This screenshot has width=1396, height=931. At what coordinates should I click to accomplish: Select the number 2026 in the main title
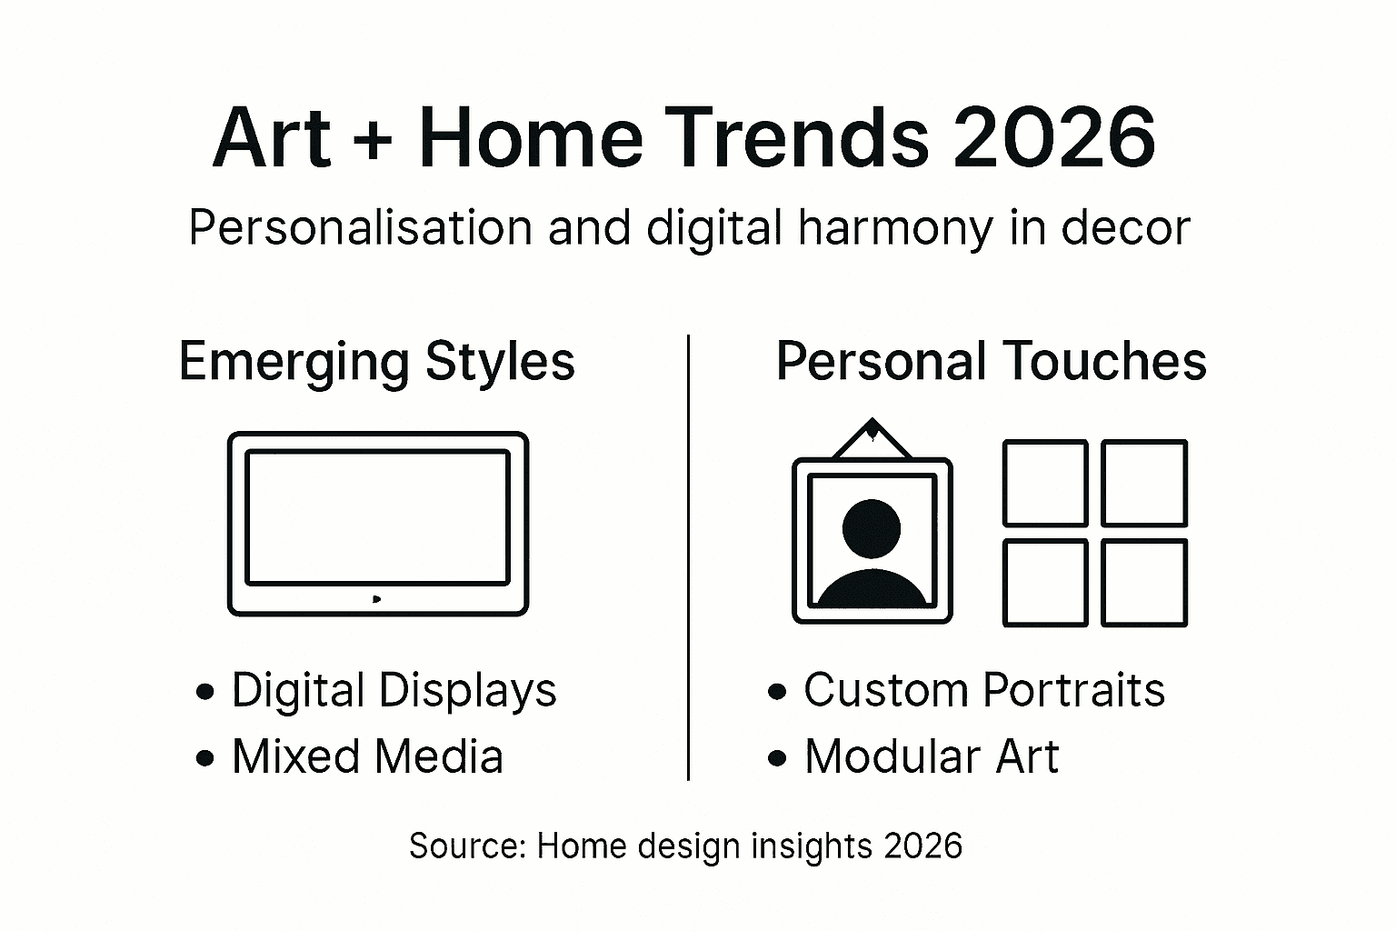(x=1054, y=138)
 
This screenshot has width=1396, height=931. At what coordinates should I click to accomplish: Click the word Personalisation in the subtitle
(x=360, y=227)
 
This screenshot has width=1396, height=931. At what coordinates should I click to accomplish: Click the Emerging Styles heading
(x=376, y=362)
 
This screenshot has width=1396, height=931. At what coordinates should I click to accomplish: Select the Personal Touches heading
(x=991, y=361)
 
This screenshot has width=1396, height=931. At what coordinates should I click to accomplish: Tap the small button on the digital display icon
(x=376, y=598)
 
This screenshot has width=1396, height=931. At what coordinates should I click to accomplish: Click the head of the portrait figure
(x=872, y=527)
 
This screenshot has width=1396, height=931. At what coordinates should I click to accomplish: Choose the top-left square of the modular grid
(x=1045, y=483)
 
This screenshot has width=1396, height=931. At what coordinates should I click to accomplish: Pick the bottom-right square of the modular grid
(x=1144, y=582)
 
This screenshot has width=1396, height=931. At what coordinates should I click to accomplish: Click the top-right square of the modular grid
(x=1144, y=483)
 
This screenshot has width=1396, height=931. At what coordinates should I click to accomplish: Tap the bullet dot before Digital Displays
(x=205, y=692)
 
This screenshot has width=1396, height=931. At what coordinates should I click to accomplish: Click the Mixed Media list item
(x=367, y=756)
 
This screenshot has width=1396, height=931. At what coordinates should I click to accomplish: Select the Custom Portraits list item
(x=983, y=690)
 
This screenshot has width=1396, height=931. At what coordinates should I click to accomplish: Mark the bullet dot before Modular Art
(x=777, y=757)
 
